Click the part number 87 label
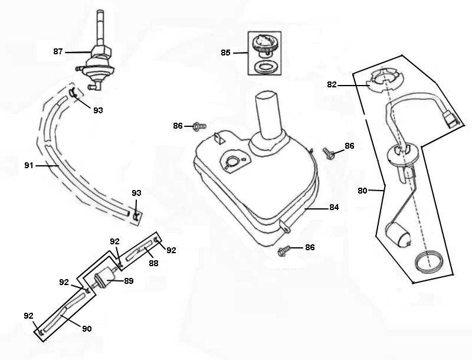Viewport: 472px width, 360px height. click(58, 52)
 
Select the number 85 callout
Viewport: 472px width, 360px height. click(226, 53)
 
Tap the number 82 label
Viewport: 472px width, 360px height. click(332, 84)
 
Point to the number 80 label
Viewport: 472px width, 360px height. click(363, 190)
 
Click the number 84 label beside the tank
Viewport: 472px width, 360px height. click(334, 207)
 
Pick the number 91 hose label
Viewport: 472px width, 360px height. click(29, 166)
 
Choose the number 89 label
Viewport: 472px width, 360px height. click(128, 281)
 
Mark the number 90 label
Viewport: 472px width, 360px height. click(87, 328)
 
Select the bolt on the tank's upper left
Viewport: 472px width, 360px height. click(199, 126)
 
